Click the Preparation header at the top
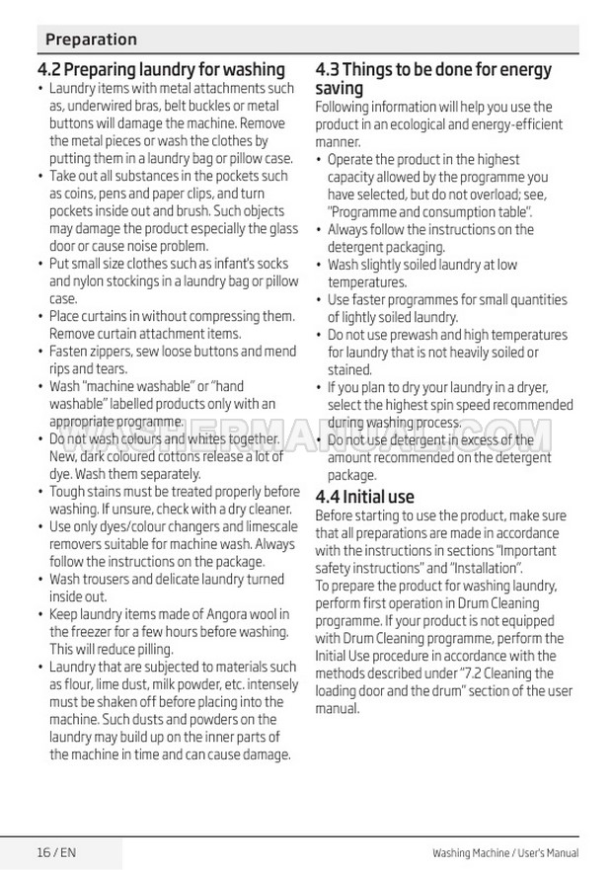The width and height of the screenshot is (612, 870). click(x=91, y=40)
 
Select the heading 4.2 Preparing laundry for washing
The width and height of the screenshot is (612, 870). click(x=161, y=69)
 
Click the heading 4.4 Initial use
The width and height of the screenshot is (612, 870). click(x=364, y=497)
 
